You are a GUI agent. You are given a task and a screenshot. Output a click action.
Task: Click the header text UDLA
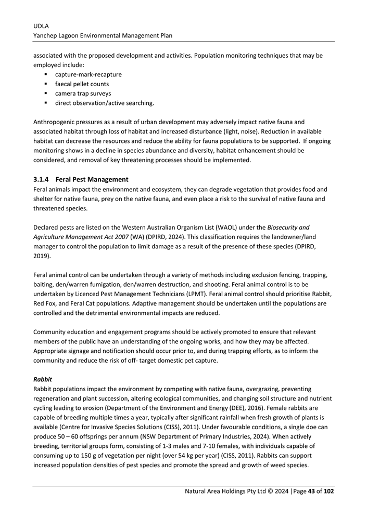41,25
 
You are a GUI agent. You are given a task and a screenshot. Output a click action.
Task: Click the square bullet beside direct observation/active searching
46,103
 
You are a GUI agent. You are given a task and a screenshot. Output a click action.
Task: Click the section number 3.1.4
41,179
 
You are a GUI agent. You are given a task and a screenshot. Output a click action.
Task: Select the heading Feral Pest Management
92,179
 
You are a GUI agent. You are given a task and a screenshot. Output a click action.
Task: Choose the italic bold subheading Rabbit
42,379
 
